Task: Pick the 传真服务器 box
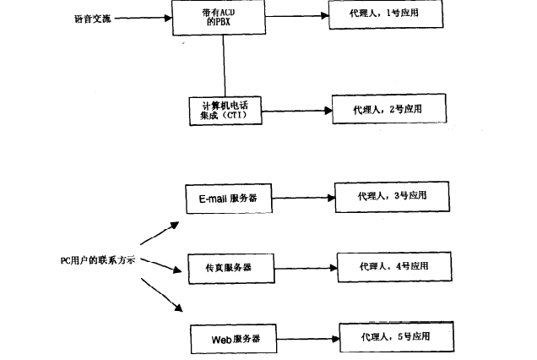coord(225,267)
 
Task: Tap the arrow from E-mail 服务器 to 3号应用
coord(303,199)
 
